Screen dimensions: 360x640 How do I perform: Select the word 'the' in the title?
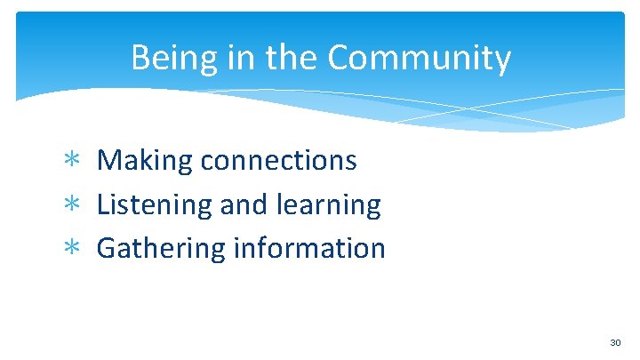288,59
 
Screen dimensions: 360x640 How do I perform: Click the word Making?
144,161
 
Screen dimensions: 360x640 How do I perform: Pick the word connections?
278,161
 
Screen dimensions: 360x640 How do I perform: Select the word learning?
330,205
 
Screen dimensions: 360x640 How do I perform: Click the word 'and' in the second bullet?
244,205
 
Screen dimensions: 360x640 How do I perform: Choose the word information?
308,248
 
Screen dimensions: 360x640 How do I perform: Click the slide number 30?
615,342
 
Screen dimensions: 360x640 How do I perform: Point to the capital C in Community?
339,59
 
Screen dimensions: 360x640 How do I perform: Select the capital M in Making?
109,161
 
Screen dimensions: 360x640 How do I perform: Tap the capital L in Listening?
103,205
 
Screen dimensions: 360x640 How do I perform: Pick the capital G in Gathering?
108,248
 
